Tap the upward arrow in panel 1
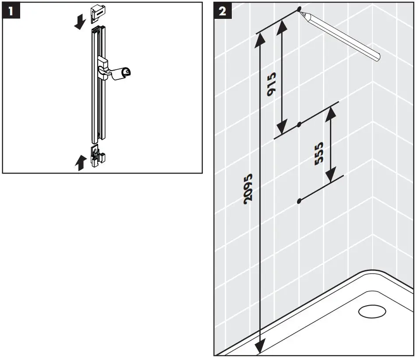coord(79,163)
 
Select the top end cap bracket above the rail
coord(97,14)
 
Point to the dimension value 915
coord(271,85)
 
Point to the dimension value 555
coord(319,153)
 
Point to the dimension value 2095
coord(248,188)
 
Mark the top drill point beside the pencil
coord(299,9)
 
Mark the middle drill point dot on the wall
coord(299,125)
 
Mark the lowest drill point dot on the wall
coord(299,201)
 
